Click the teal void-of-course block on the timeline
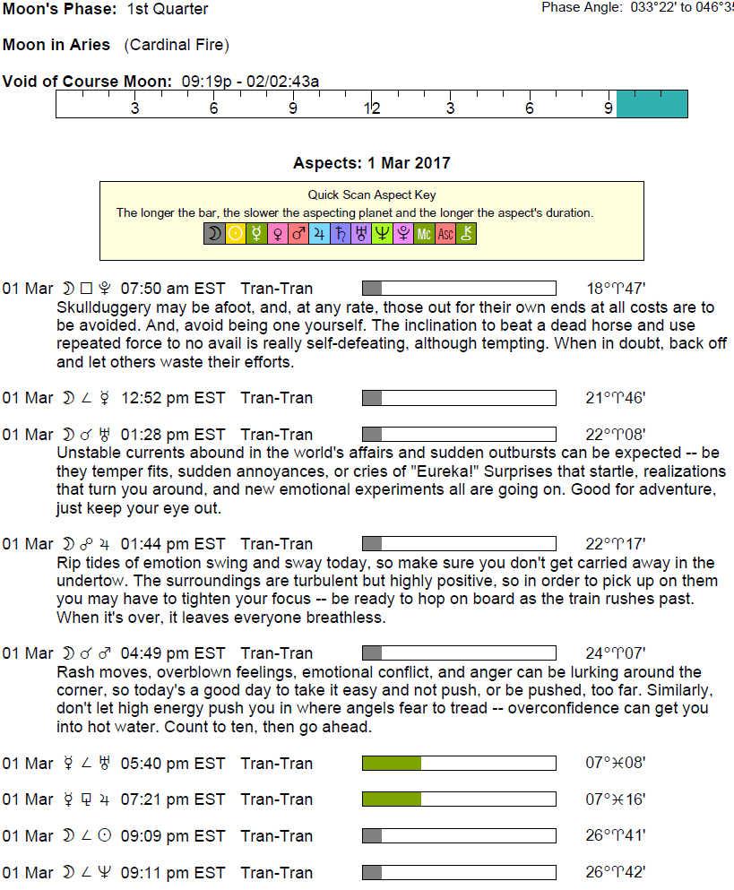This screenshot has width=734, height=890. [x=652, y=104]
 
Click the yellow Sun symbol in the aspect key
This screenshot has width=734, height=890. [x=236, y=235]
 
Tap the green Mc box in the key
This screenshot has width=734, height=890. [x=425, y=235]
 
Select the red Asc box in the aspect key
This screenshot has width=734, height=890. [x=445, y=235]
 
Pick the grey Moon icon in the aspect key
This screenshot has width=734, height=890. [x=214, y=235]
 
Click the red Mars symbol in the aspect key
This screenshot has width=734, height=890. [x=298, y=235]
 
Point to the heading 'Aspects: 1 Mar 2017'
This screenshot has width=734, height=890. [x=371, y=163]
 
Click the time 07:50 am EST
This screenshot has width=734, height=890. [x=173, y=289]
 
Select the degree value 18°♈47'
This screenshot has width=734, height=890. [x=616, y=289]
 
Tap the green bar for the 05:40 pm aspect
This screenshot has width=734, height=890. [x=392, y=764]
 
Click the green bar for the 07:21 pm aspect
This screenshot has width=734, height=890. [x=392, y=799]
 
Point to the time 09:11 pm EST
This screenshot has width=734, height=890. [x=173, y=873]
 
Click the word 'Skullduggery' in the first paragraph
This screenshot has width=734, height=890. [x=99, y=307]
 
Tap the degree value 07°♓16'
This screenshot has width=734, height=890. [x=616, y=799]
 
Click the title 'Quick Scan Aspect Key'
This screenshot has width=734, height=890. [x=371, y=194]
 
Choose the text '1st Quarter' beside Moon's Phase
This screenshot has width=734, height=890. [x=168, y=10]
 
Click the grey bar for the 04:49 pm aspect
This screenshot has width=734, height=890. [x=372, y=653]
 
